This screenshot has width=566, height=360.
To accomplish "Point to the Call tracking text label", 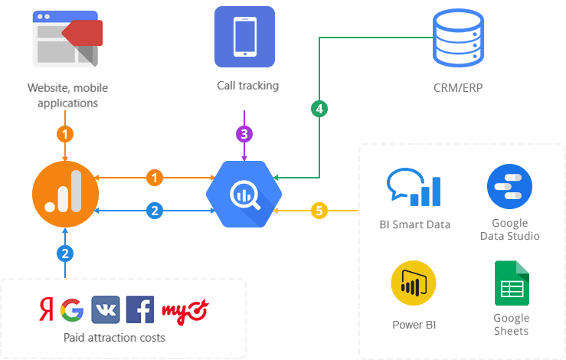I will pyautogui.click(x=247, y=86).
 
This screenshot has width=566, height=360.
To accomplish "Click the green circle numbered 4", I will pyautogui.click(x=320, y=109).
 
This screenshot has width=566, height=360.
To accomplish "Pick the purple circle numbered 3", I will pyautogui.click(x=244, y=134).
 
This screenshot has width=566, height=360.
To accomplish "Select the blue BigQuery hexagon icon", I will pyautogui.click(x=244, y=195).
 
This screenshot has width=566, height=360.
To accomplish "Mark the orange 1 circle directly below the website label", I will pyautogui.click(x=65, y=134).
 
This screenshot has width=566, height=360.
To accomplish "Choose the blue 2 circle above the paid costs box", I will pyautogui.click(x=65, y=254).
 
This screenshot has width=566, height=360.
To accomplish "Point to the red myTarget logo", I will pyautogui.click(x=185, y=309).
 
